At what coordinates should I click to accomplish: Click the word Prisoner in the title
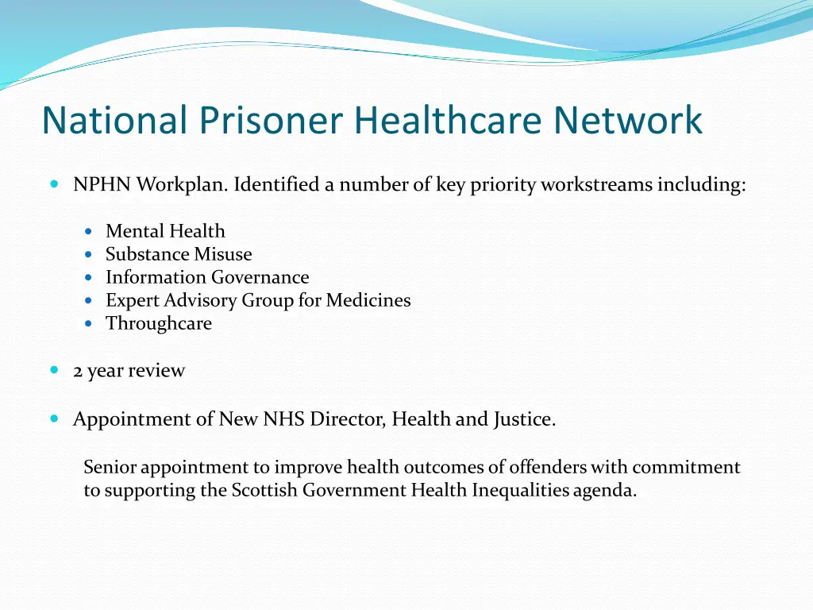(x=271, y=121)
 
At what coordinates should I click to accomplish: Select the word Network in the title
(x=628, y=121)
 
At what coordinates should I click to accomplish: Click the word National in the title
(x=114, y=121)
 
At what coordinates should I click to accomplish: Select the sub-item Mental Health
(x=165, y=231)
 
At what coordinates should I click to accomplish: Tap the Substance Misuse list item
(x=179, y=254)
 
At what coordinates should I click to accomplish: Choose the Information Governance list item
(x=207, y=277)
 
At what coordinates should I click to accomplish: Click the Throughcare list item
(x=159, y=323)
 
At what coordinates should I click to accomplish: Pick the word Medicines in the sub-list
(x=368, y=300)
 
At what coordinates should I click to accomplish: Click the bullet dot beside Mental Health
(x=89, y=232)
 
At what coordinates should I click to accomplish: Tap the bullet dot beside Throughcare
(x=89, y=324)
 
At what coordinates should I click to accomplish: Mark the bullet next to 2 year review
(x=54, y=370)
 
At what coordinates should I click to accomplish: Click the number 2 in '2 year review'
(x=78, y=371)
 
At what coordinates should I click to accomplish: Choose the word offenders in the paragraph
(x=548, y=467)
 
